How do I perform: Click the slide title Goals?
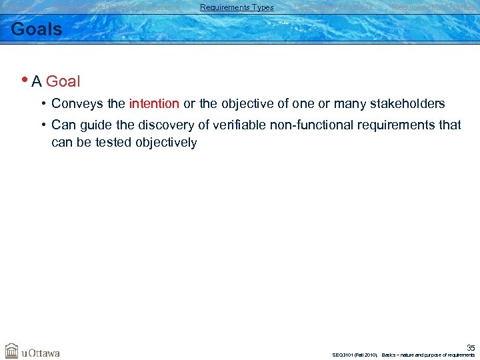tap(37, 29)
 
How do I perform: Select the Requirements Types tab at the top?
tap(237, 7)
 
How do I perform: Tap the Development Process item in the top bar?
tap(333, 7)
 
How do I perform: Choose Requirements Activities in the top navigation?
tap(434, 7)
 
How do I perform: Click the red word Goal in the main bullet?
tap(63, 82)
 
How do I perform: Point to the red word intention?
tap(154, 104)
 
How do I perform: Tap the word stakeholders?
tap(407, 104)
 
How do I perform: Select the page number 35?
tap(471, 347)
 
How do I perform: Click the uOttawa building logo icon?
tap(12, 351)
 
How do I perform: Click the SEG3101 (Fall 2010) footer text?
tap(355, 355)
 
